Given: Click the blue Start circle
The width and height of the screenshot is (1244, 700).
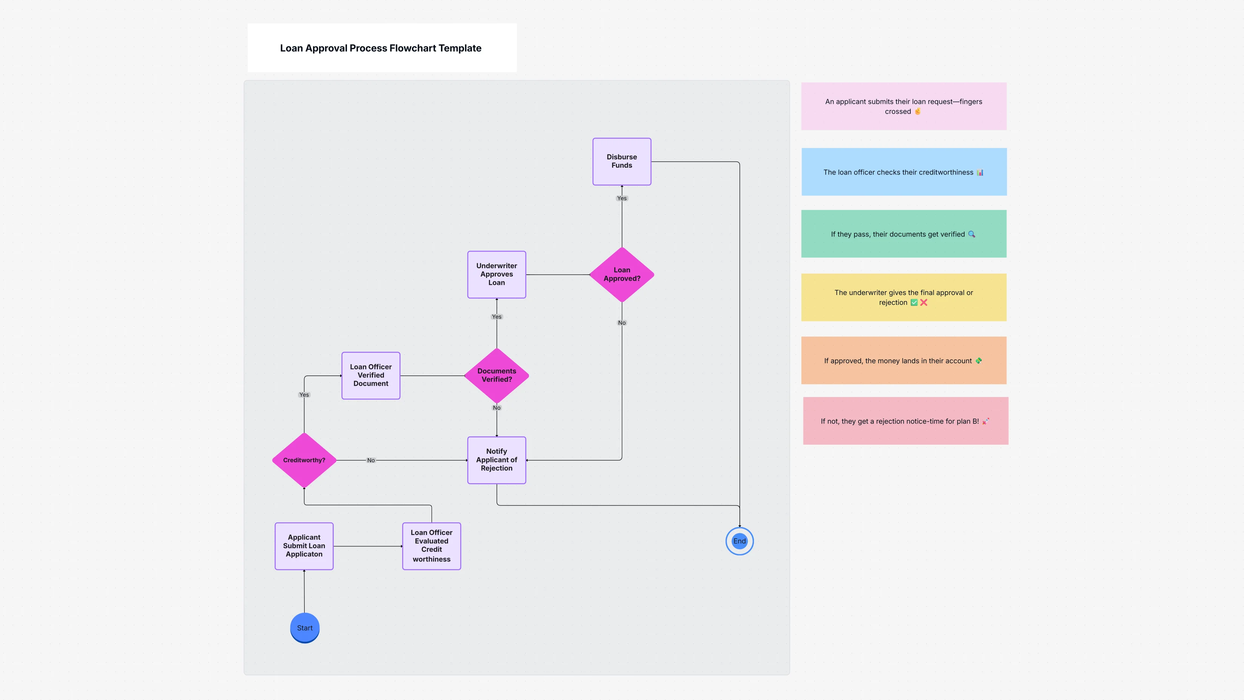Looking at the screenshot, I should (304, 627).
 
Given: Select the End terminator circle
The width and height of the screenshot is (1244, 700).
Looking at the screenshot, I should (739, 541).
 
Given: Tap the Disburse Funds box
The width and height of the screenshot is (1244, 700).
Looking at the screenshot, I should (621, 161).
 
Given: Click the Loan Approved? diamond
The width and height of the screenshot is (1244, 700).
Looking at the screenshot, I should (621, 274).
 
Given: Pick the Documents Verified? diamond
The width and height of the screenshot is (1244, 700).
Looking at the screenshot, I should (496, 375).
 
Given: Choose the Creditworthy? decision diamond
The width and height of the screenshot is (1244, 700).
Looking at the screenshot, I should (304, 460).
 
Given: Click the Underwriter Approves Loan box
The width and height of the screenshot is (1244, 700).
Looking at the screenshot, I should (496, 274).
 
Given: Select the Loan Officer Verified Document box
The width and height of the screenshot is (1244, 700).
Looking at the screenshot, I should (370, 375).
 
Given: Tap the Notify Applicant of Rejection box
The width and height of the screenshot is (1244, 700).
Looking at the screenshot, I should (496, 460).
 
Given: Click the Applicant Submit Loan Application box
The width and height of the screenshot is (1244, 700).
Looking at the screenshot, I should (304, 546).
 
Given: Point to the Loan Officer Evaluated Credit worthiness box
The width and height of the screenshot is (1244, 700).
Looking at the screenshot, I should (431, 546).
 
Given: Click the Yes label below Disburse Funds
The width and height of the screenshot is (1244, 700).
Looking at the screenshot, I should (621, 198).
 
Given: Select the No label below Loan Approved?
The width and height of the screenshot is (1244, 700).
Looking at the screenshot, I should (621, 323).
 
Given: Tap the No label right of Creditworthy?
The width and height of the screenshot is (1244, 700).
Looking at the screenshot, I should (370, 460).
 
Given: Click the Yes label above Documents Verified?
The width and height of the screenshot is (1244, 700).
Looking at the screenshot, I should (496, 317).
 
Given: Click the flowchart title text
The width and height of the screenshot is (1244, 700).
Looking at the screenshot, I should (381, 48).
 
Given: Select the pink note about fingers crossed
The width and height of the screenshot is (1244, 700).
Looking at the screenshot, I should (903, 106).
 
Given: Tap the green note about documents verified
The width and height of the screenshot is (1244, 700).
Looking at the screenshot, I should (903, 234).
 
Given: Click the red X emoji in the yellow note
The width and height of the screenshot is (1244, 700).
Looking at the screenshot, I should (923, 303).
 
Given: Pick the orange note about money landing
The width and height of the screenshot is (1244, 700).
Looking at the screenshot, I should (903, 360).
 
